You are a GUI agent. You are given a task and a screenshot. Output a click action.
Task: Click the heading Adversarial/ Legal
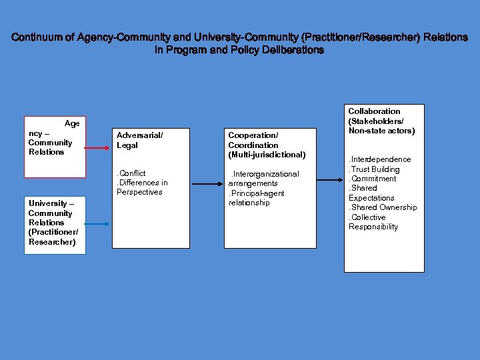139,140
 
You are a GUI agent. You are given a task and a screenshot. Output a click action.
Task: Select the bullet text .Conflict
131,173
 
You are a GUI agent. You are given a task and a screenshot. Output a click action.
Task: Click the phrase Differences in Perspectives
142,187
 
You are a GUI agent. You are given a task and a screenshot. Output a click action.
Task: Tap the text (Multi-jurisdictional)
267,155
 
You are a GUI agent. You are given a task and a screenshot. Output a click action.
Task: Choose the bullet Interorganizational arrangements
263,179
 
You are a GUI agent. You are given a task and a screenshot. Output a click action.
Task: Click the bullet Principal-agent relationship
256,198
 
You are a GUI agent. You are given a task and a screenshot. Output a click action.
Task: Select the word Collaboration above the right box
374,111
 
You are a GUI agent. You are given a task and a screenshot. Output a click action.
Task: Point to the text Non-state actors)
381,131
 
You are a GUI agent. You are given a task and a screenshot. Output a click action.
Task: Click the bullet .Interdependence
380,159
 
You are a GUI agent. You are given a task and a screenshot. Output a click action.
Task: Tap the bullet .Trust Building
374,169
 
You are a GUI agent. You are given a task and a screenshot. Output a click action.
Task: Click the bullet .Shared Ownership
383,207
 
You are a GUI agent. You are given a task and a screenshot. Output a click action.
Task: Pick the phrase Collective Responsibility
373,222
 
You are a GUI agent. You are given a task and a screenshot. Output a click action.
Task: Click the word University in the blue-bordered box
47,203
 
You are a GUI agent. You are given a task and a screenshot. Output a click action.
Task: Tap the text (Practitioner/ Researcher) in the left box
53,237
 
